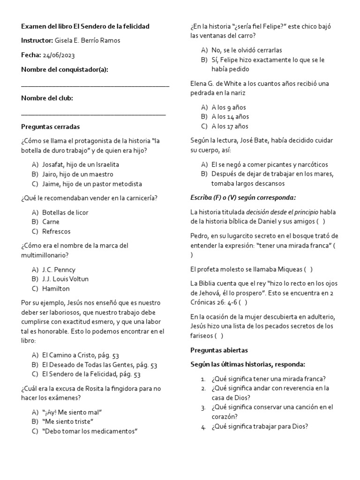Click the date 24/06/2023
tap(59, 55)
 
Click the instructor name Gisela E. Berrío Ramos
tap(91, 41)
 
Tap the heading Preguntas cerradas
tap(51, 127)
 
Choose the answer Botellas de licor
tap(65, 212)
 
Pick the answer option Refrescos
tap(56, 232)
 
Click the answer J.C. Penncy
tap(59, 270)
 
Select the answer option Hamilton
tap(56, 289)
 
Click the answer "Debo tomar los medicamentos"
tap(89, 431)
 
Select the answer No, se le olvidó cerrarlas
tap(247, 50)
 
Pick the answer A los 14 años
tap(230, 117)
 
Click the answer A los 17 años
tap(230, 126)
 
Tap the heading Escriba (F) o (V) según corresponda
tap(243, 197)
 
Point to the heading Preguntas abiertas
tap(219, 350)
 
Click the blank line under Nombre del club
tap(93, 113)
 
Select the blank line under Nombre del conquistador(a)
tap(95, 84)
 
